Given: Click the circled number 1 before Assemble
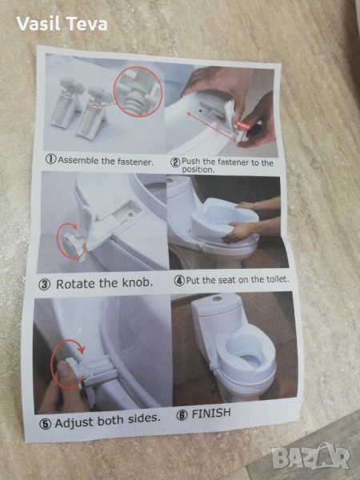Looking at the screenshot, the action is (x=51, y=159).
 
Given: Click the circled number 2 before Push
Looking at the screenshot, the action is (x=175, y=162).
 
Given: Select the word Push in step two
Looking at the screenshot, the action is (x=190, y=161).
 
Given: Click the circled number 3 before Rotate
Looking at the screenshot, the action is (x=44, y=285).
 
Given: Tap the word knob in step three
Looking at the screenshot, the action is (x=138, y=282).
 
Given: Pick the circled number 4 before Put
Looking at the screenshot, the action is (x=179, y=281).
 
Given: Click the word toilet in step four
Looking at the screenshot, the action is (x=278, y=279).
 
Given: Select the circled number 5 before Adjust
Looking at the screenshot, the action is (x=45, y=424).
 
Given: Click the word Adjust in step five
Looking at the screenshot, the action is (x=74, y=422).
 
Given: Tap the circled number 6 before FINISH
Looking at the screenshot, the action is (x=182, y=415).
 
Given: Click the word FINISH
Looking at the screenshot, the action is (x=211, y=414).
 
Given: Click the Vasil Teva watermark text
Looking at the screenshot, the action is (x=62, y=23).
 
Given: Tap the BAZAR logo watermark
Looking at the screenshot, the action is (x=310, y=458).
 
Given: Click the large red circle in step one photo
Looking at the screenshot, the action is (x=138, y=91).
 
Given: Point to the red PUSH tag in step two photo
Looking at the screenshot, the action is (x=244, y=125).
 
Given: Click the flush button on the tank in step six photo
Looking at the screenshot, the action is (x=217, y=297).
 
